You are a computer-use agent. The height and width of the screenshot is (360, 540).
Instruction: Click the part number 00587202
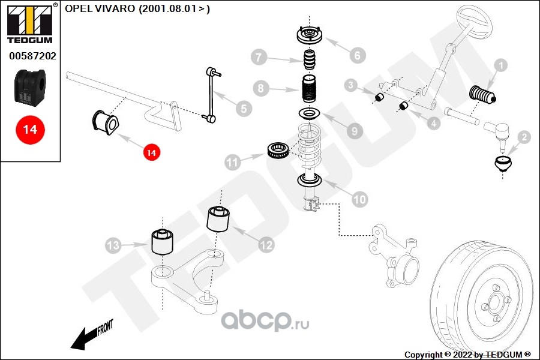coord(32,56)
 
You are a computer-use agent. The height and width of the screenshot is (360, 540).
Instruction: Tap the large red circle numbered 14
coord(30,130)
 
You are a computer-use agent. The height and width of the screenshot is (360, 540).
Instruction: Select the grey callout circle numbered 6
coord(357,55)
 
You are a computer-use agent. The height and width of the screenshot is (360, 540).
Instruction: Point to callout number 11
coord(232,162)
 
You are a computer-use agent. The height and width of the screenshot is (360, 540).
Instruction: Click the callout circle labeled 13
coord(113,245)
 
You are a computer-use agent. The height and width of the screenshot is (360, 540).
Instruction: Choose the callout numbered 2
coord(524,137)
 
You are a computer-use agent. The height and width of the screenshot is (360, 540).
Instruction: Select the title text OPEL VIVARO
coord(100,8)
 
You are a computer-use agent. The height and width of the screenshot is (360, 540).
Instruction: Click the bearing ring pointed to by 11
coord(278,151)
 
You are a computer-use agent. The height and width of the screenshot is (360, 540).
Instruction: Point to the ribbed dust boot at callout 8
coord(309,89)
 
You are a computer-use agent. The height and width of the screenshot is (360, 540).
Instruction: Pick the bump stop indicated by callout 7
coord(310,59)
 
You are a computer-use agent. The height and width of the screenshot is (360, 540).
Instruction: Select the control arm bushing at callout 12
coord(218,219)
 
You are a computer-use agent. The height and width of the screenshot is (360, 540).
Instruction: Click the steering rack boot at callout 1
coord(483,94)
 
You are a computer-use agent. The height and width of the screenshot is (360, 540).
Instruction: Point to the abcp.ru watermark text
coord(265,320)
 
